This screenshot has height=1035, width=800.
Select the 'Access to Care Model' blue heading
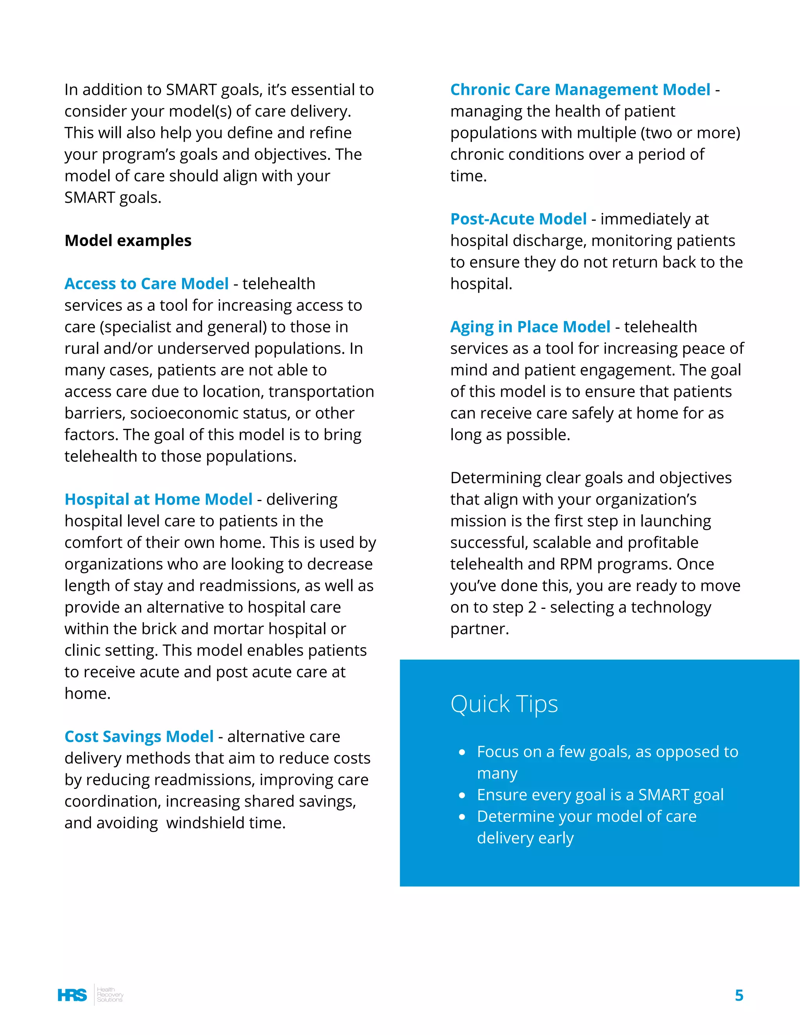[x=146, y=284]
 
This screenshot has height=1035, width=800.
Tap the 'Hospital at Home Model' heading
[x=158, y=500]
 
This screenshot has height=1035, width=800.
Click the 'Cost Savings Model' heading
[x=139, y=737]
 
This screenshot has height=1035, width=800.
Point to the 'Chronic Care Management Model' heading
[x=580, y=89]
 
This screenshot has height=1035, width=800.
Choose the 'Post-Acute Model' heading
[x=518, y=219]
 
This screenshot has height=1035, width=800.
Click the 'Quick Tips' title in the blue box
[x=504, y=704]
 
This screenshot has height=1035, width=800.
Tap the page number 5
[x=738, y=995]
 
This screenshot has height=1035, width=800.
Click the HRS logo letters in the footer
[x=72, y=995]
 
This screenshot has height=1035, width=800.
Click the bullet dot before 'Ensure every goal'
[x=462, y=796]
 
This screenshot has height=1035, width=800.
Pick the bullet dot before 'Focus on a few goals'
[x=462, y=753]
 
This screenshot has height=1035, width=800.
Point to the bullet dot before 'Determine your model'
[x=462, y=817]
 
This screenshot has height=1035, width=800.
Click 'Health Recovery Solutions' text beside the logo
[x=109, y=995]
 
